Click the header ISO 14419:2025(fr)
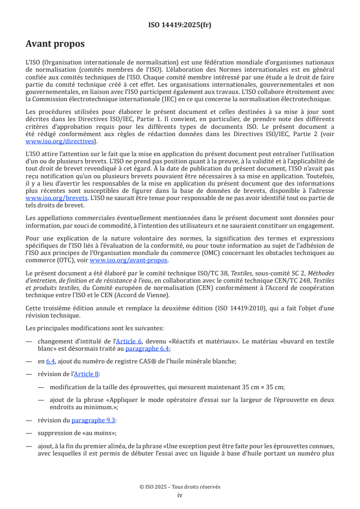coord(180,25)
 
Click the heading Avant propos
coord(55,44)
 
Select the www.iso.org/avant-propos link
coord(129,260)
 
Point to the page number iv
coord(180,495)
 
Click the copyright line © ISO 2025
coord(180,487)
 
